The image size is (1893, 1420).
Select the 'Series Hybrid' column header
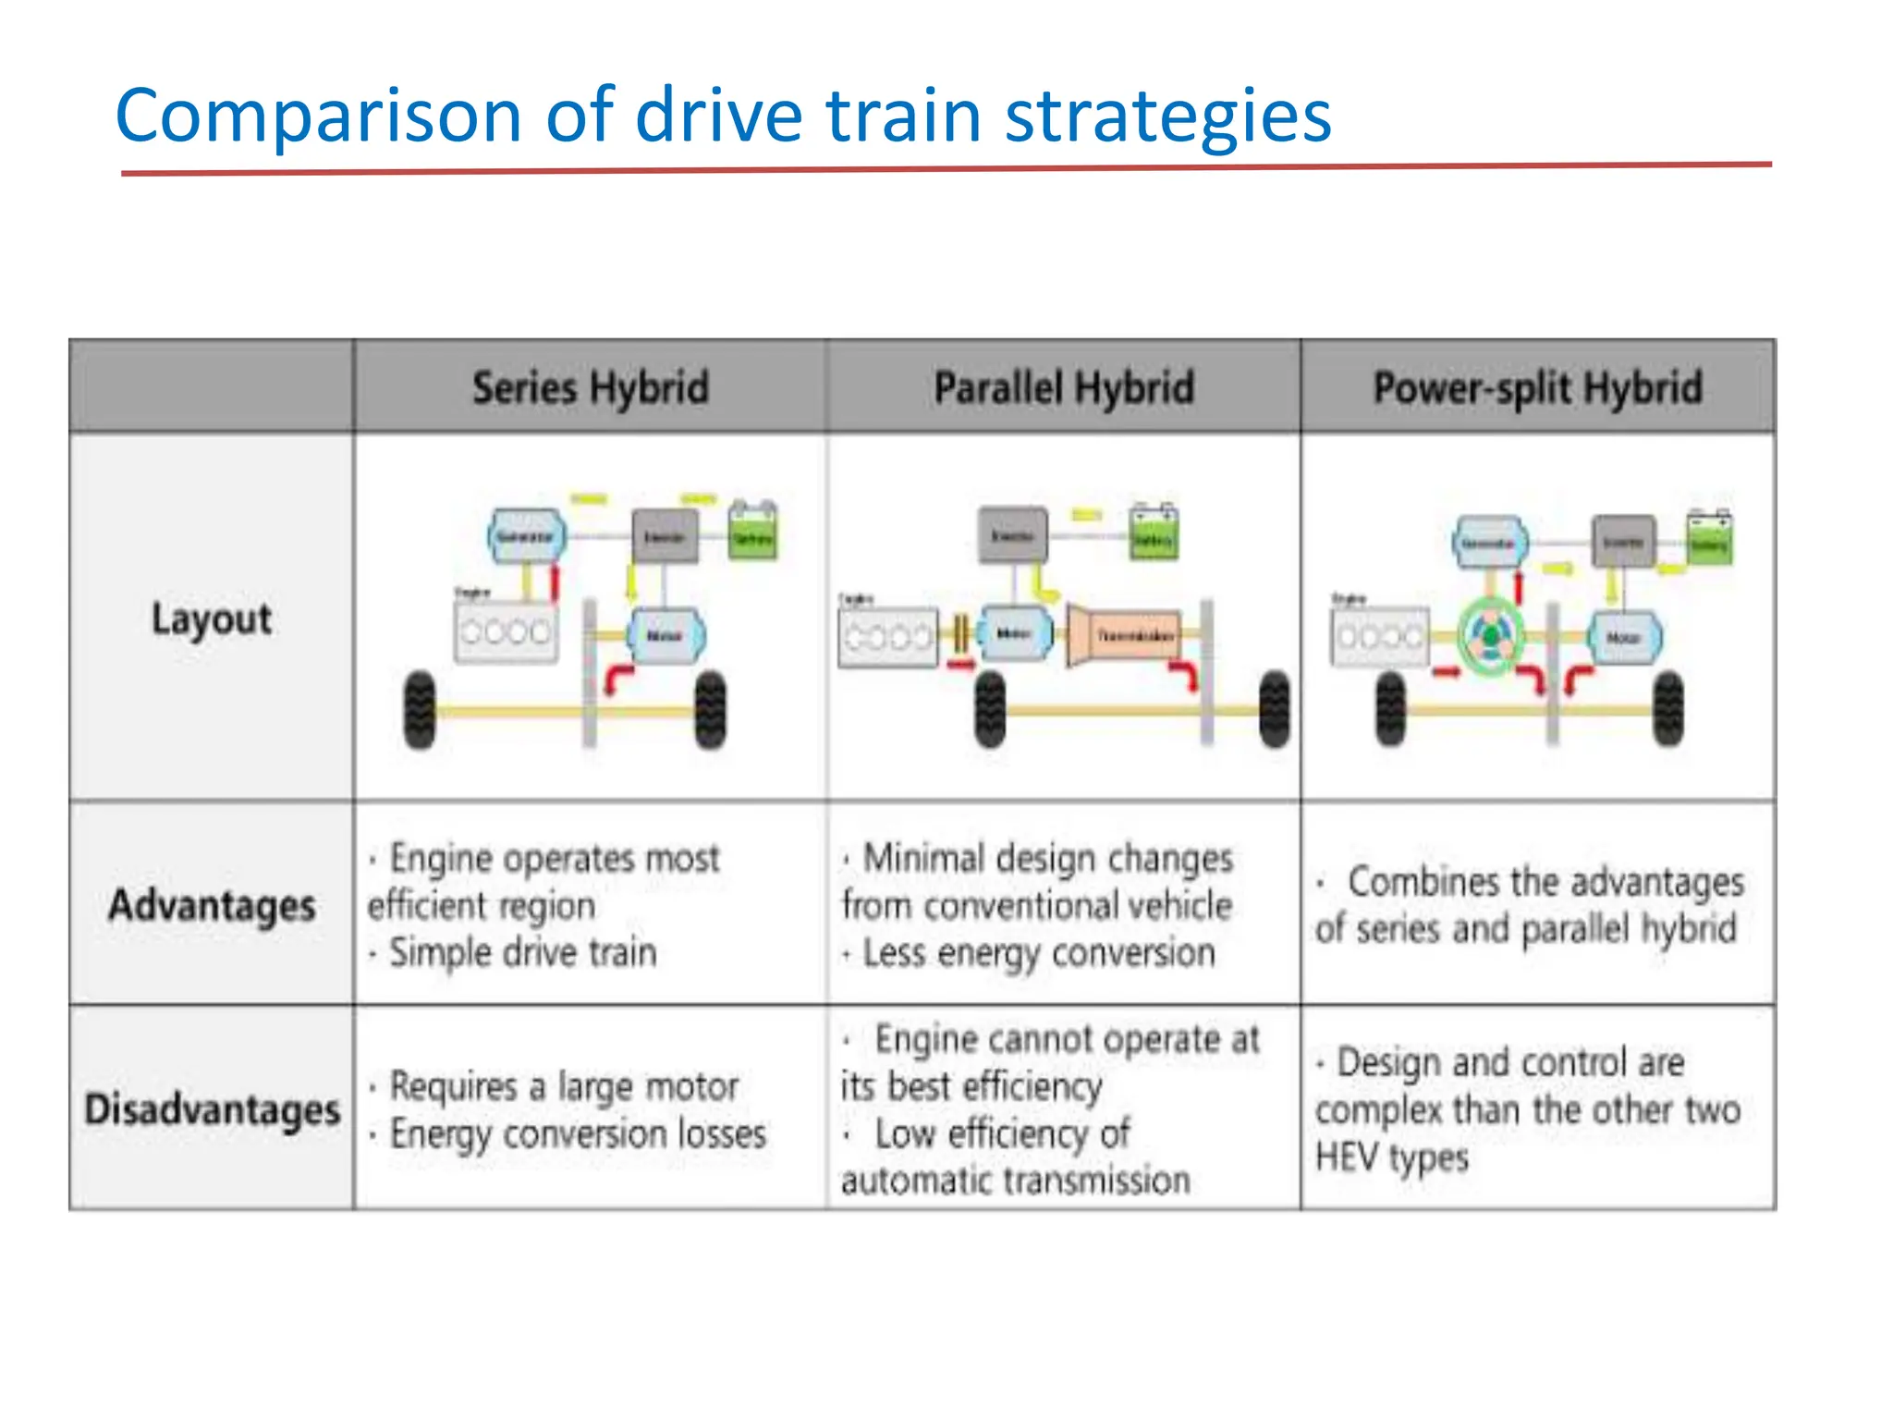590,387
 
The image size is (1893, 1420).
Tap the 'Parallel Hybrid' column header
1063,387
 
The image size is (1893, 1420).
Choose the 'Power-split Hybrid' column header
1537,387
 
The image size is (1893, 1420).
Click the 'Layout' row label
212,618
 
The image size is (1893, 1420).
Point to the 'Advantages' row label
212,905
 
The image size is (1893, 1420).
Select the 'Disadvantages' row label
212,1108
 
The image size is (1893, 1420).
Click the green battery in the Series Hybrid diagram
752,532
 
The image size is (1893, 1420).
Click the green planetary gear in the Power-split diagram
1490,636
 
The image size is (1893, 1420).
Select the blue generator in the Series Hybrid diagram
526,535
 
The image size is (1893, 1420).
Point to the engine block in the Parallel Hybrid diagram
886,636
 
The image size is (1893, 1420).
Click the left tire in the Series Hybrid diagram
420,710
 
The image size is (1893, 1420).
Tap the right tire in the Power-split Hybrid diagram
1669,710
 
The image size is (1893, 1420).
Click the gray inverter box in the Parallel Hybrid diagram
1013,534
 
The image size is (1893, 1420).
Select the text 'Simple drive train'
522,952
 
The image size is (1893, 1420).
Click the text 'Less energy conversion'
1038,952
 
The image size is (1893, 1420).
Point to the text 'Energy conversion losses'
578,1133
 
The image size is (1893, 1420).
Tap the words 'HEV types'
1391,1157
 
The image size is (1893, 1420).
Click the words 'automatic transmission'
1015,1181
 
